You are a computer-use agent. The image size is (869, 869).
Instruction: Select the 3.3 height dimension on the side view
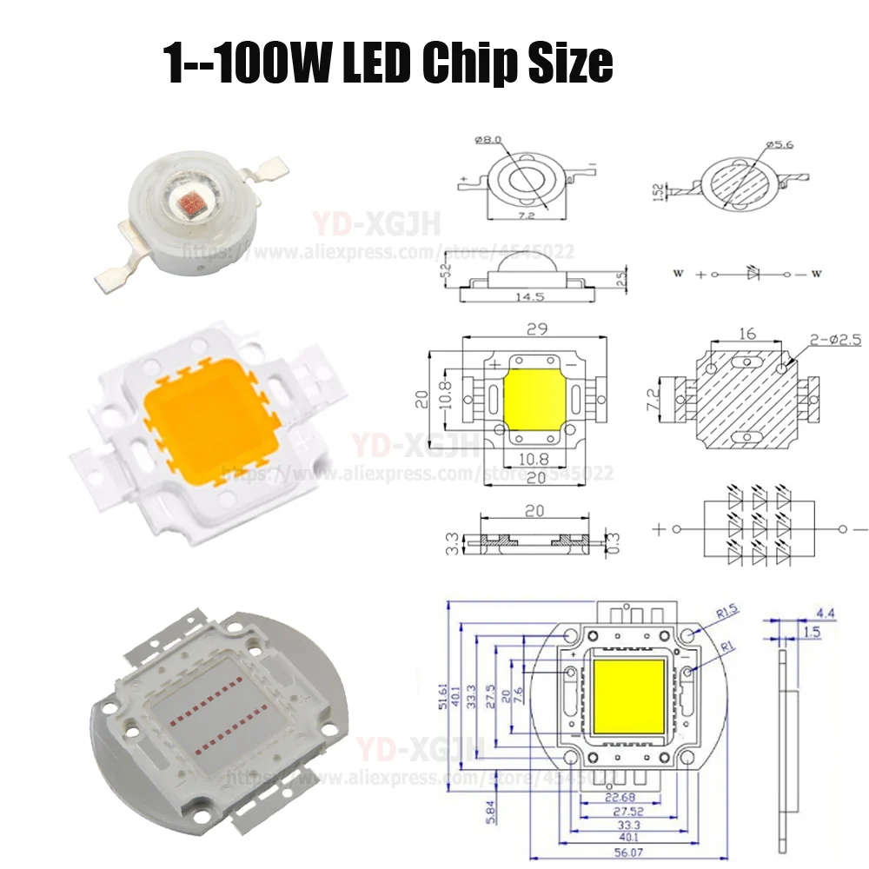(451, 542)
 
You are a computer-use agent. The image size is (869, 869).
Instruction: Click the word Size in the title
(569, 63)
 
